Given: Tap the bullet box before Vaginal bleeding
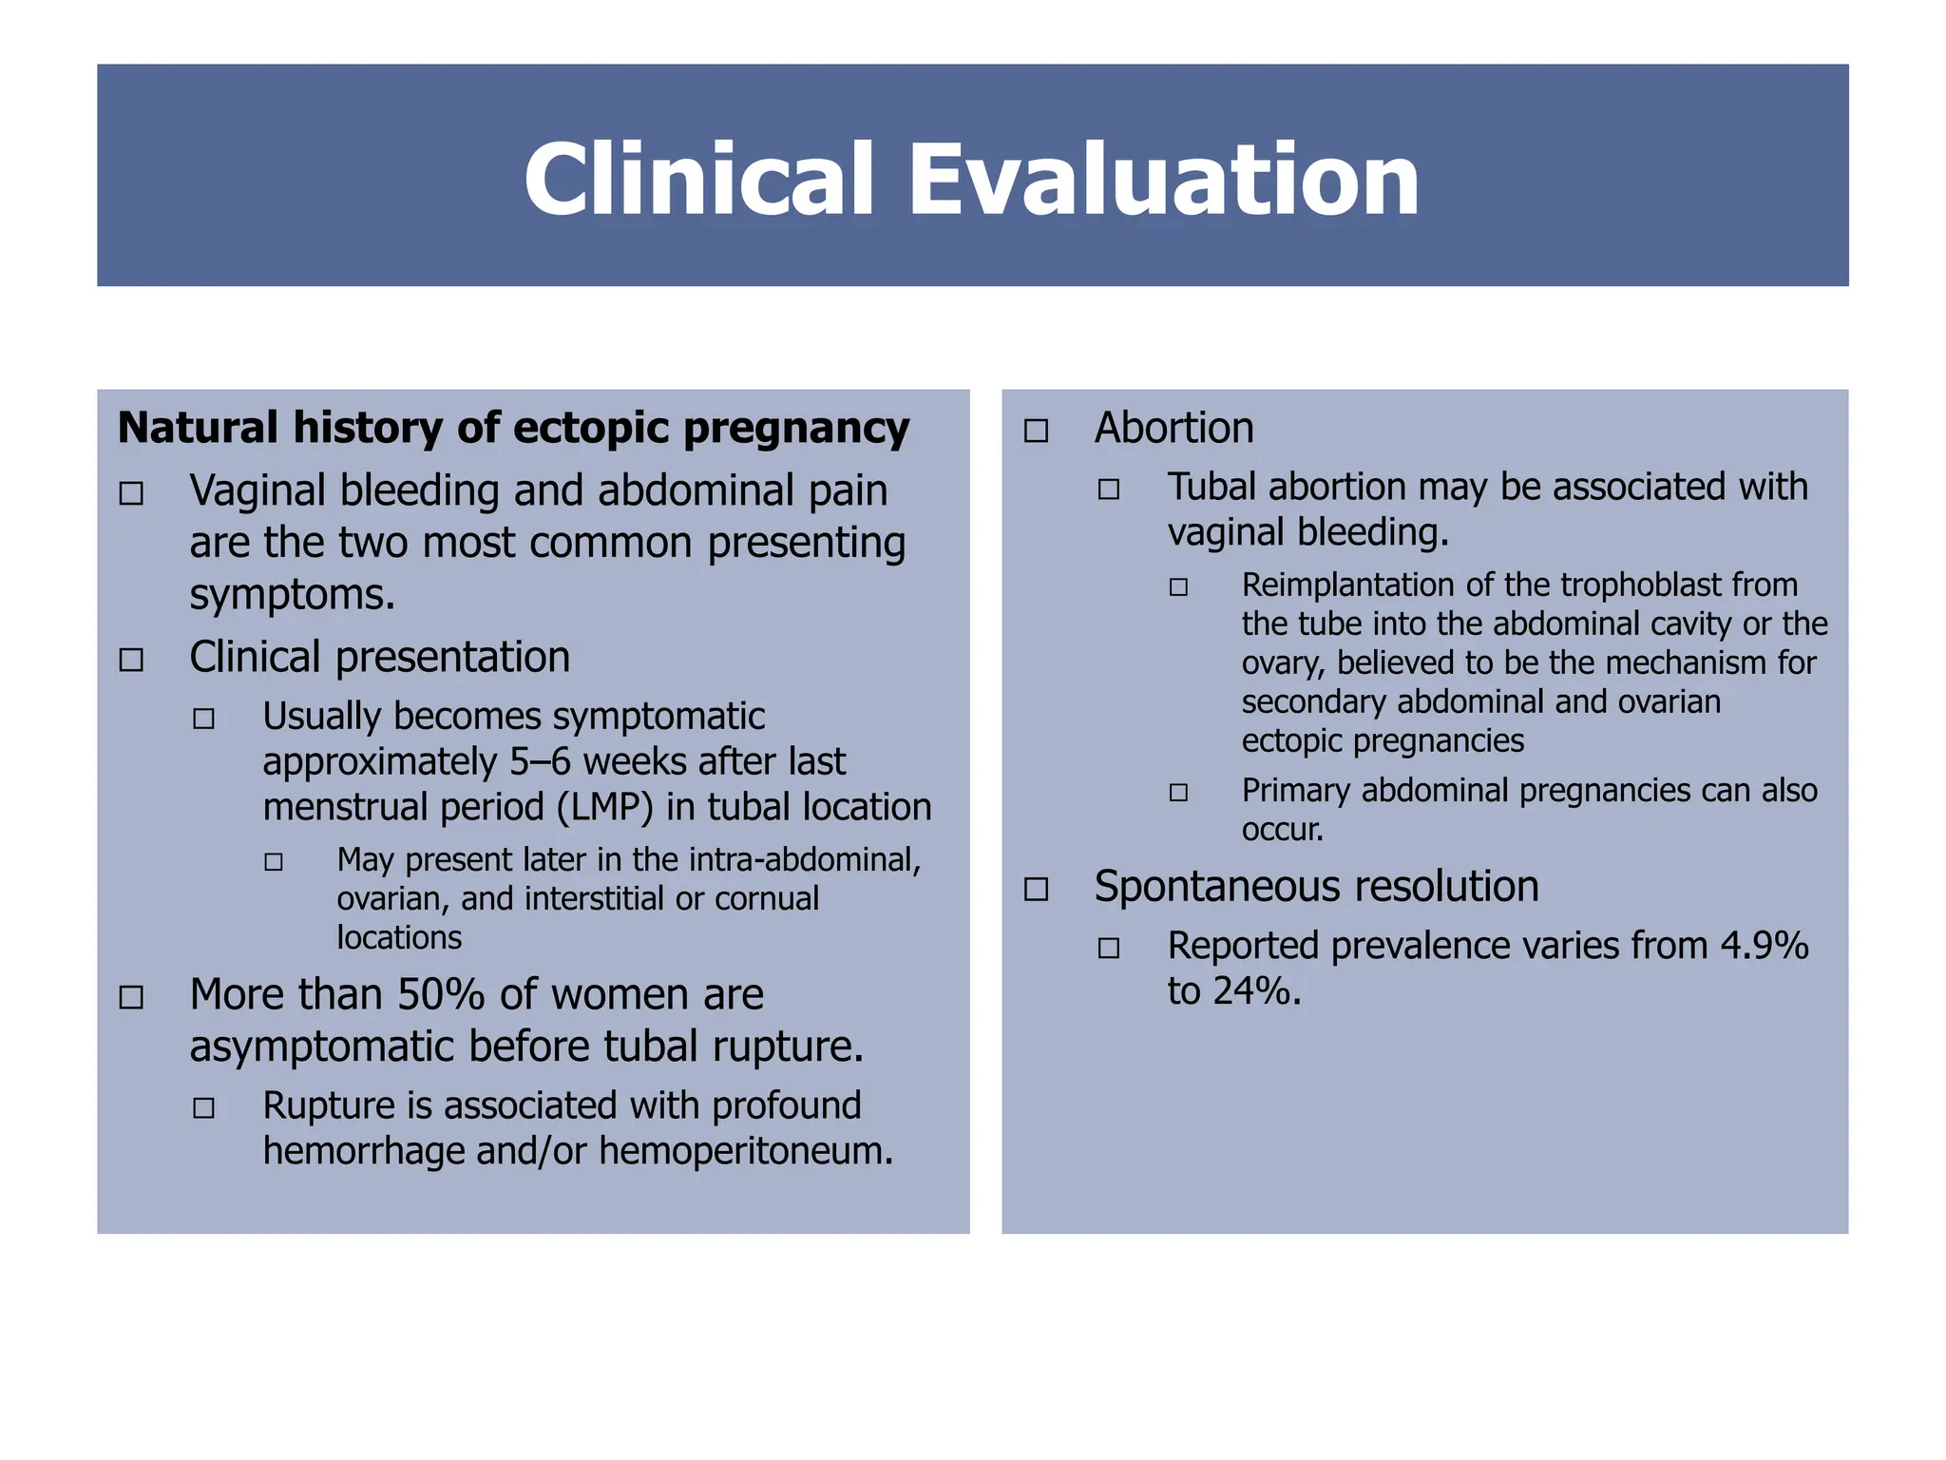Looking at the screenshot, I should (131, 493).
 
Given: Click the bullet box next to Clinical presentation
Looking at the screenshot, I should (131, 660).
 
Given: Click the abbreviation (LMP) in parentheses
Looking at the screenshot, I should (605, 807).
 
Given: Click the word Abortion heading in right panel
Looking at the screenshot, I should (1173, 428).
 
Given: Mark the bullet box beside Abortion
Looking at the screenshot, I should (1036, 431).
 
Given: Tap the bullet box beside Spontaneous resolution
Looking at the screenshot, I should (1036, 889).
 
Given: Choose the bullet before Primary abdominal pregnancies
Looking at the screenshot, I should (1178, 792).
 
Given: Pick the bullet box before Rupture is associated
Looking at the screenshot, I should (203, 1107).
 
